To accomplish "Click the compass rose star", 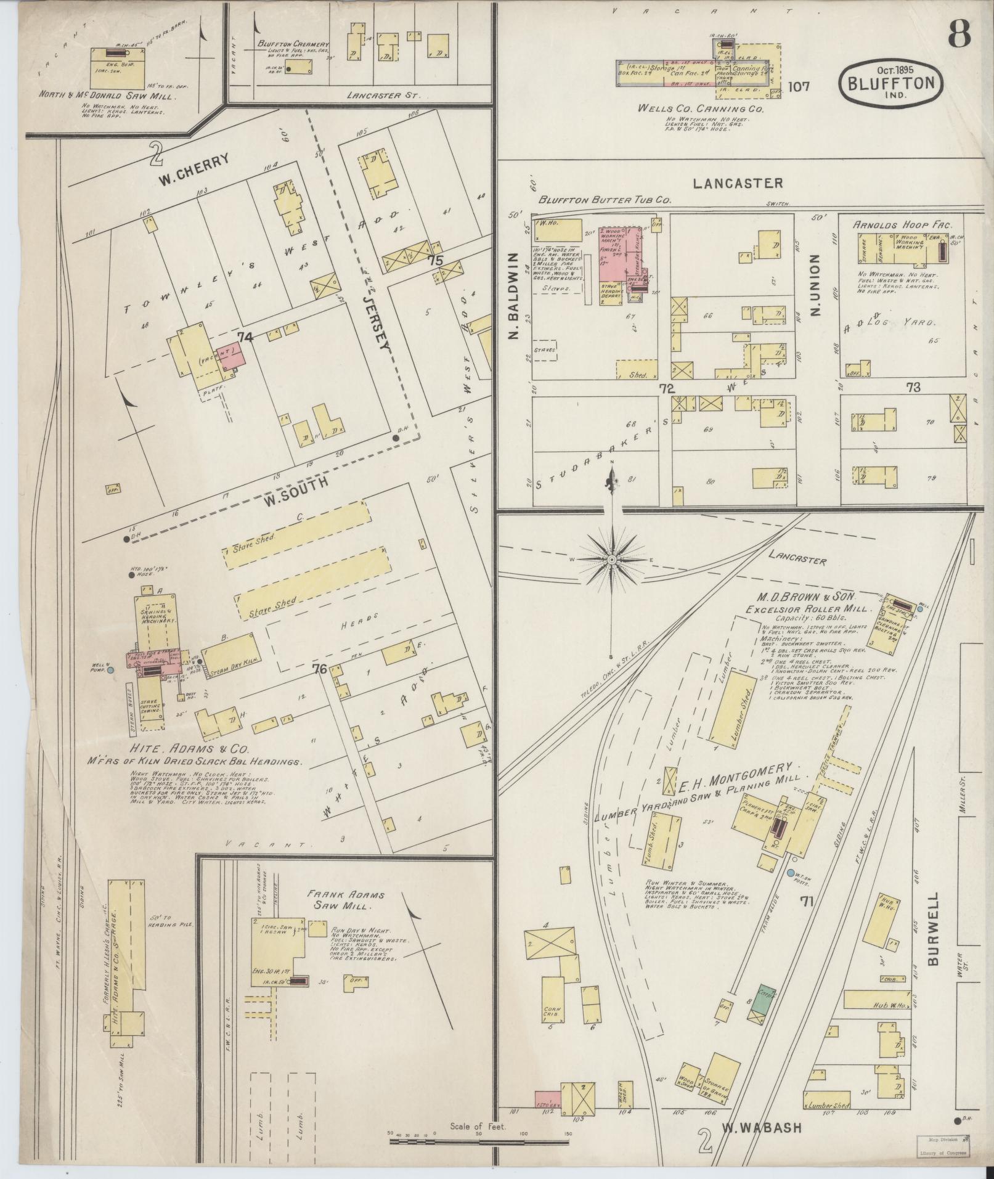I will pyautogui.click(x=612, y=559).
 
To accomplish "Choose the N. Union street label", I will pyautogui.click(x=816, y=285).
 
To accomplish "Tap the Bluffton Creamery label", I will pyautogui.click(x=294, y=45).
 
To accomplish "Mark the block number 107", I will pyautogui.click(x=798, y=86).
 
